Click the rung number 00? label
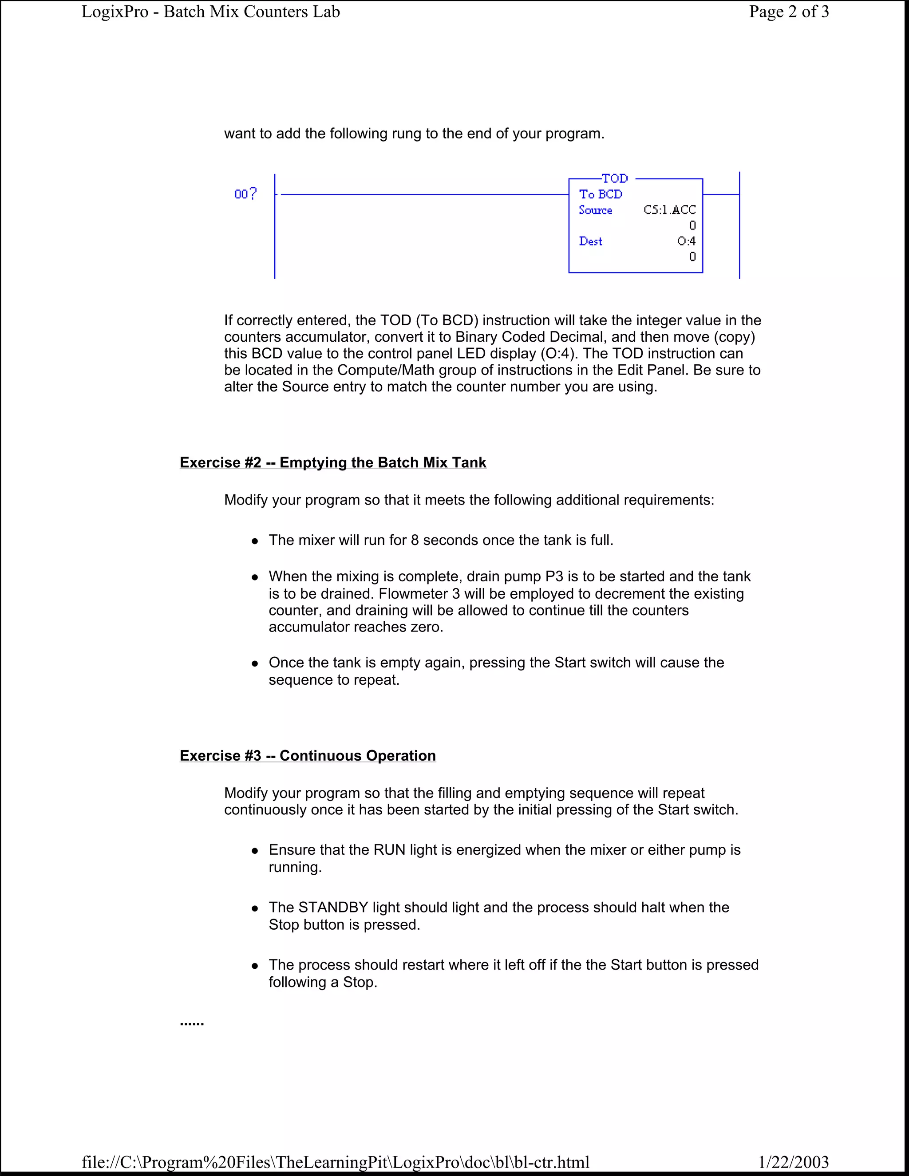(x=245, y=194)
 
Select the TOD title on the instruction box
(x=614, y=178)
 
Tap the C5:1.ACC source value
(x=669, y=210)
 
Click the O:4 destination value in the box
(x=686, y=241)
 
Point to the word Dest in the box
(x=590, y=241)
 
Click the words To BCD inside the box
(x=601, y=194)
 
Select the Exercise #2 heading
(x=333, y=462)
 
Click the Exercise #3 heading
(x=308, y=755)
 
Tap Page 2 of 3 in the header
(x=788, y=12)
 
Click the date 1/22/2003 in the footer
(x=793, y=1162)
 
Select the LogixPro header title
(x=210, y=12)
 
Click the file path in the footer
(x=336, y=1162)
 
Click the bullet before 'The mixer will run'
(x=255, y=541)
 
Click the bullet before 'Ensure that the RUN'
(x=255, y=851)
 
